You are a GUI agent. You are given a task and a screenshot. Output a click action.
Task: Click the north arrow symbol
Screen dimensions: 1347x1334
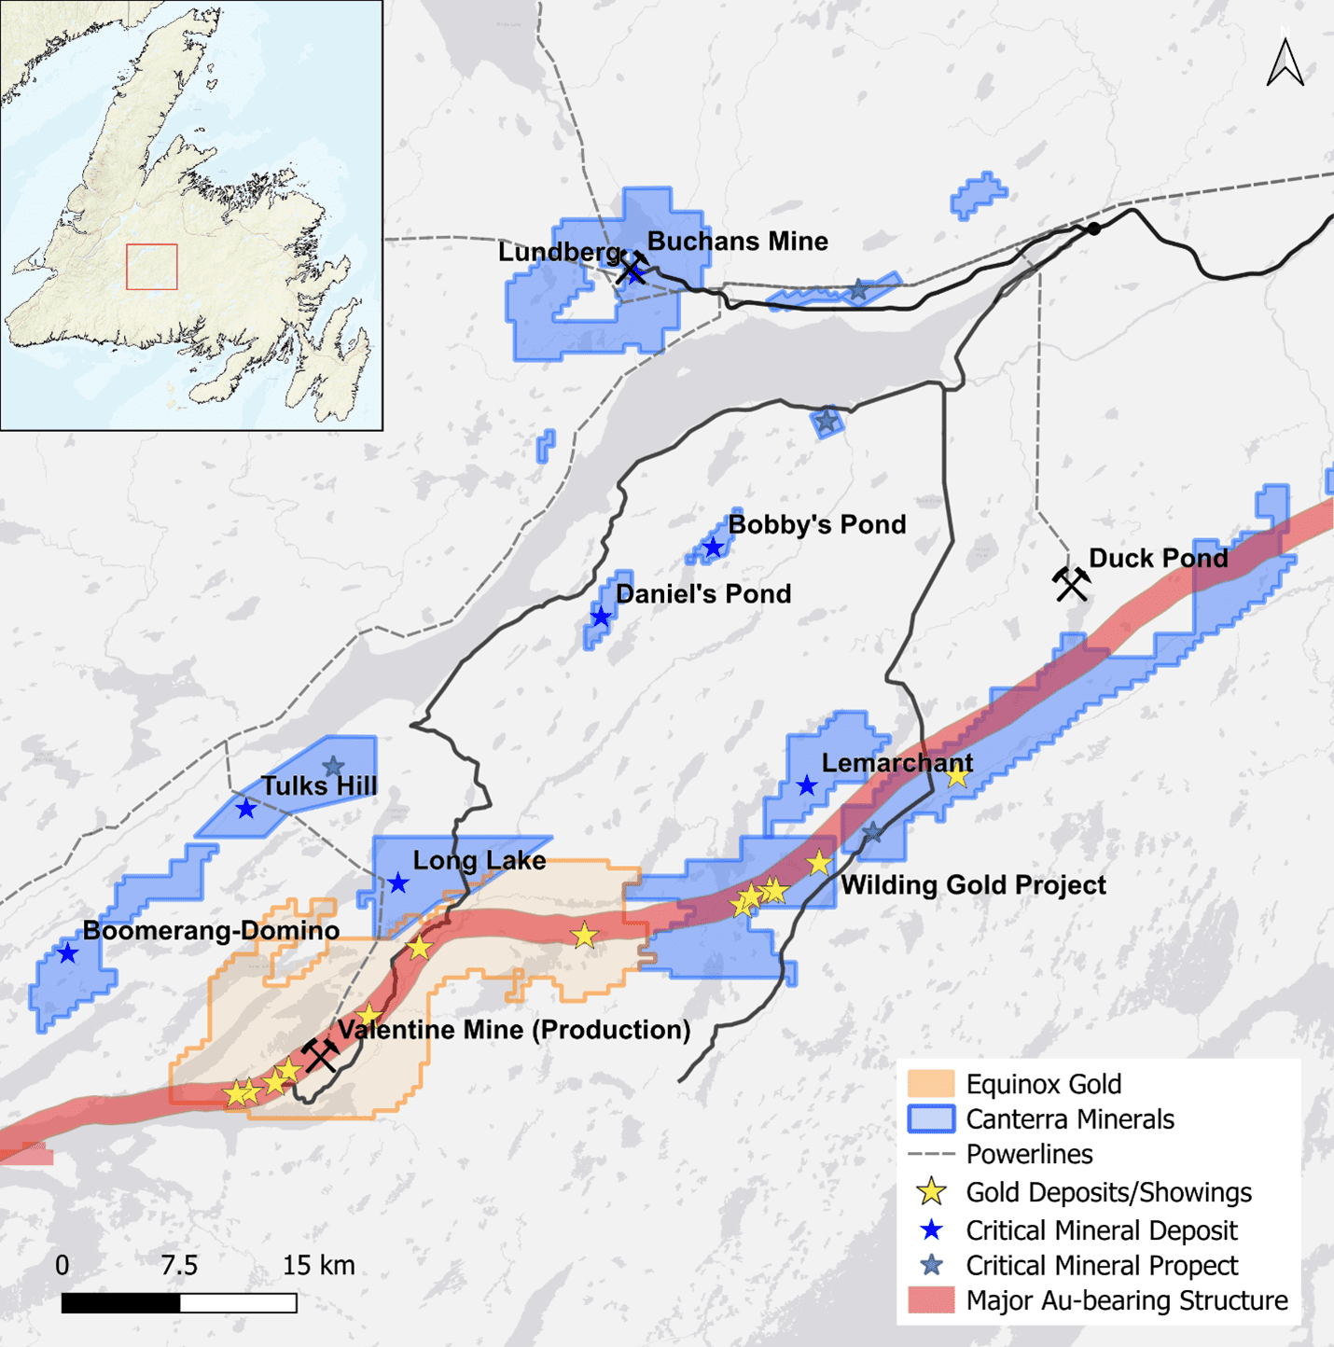[x=1285, y=63]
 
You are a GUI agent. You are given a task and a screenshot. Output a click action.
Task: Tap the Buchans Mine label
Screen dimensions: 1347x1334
[x=737, y=242]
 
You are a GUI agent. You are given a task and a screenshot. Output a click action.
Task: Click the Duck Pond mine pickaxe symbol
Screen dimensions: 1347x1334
[x=1071, y=583]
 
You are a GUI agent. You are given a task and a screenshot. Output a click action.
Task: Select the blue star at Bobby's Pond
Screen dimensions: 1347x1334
[x=714, y=548]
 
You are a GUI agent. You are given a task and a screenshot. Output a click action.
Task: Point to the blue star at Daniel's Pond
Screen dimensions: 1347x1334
[x=601, y=617]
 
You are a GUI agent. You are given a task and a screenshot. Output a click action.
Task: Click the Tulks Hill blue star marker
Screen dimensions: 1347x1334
[x=245, y=809]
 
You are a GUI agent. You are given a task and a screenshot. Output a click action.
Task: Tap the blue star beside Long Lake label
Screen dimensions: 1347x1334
[x=398, y=882]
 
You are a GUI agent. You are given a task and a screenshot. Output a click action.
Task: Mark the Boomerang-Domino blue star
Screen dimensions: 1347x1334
[x=67, y=953]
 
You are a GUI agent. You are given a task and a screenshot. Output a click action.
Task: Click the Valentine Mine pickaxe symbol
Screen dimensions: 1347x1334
[x=320, y=1055]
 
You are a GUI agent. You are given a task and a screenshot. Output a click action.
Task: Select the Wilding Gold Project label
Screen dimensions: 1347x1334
[x=973, y=885]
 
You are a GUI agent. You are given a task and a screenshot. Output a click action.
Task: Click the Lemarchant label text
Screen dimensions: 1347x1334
[x=896, y=763]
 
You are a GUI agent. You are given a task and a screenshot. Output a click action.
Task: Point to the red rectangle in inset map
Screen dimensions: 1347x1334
[x=152, y=267]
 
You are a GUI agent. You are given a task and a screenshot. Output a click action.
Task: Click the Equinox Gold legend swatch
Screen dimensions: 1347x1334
[x=931, y=1084]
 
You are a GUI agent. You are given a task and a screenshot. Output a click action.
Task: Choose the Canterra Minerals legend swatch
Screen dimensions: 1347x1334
[x=931, y=1118]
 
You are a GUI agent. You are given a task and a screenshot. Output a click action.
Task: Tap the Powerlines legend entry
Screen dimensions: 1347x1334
[x=1028, y=1155]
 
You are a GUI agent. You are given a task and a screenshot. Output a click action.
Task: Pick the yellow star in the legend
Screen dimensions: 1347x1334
[x=931, y=1192]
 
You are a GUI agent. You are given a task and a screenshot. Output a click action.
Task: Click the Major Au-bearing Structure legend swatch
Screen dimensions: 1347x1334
[x=931, y=1300]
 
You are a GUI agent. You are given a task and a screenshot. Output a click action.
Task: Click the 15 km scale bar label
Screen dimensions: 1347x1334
[x=318, y=1266]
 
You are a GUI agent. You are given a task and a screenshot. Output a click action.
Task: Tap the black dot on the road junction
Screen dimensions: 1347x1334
[x=1094, y=229]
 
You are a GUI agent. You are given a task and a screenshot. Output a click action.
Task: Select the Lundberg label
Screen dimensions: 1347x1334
[x=559, y=252]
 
